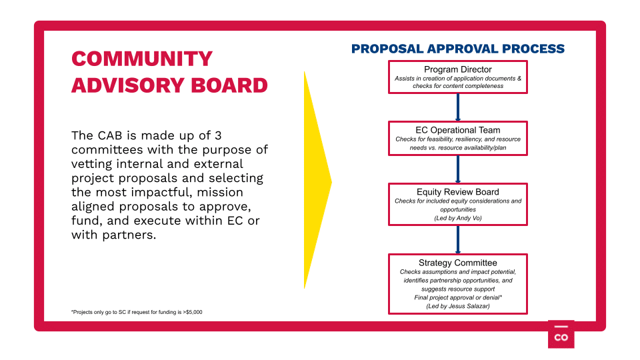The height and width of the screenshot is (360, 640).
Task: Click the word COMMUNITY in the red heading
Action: (x=142, y=59)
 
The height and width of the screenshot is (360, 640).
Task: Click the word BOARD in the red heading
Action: (x=229, y=85)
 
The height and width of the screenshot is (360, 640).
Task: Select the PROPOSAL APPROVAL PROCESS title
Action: (x=458, y=49)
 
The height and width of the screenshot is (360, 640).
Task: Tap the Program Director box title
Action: (x=457, y=69)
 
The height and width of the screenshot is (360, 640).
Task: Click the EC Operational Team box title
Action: (x=457, y=130)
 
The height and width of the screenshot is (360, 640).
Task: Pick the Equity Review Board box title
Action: (x=457, y=192)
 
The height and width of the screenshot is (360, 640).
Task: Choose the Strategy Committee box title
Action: (x=457, y=263)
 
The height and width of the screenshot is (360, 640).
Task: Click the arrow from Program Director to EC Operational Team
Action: (x=457, y=107)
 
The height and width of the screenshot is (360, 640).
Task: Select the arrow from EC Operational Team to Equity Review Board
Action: (x=457, y=169)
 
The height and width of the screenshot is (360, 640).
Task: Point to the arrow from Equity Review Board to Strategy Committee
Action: (x=457, y=239)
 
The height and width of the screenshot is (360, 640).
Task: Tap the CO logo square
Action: (x=561, y=334)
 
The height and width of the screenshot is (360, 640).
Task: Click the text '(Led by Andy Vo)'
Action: (x=457, y=218)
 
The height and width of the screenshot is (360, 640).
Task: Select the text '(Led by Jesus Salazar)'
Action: (x=457, y=306)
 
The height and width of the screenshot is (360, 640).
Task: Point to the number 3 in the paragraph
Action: (x=218, y=135)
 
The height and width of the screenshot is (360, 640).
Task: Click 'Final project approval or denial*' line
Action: (x=457, y=297)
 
